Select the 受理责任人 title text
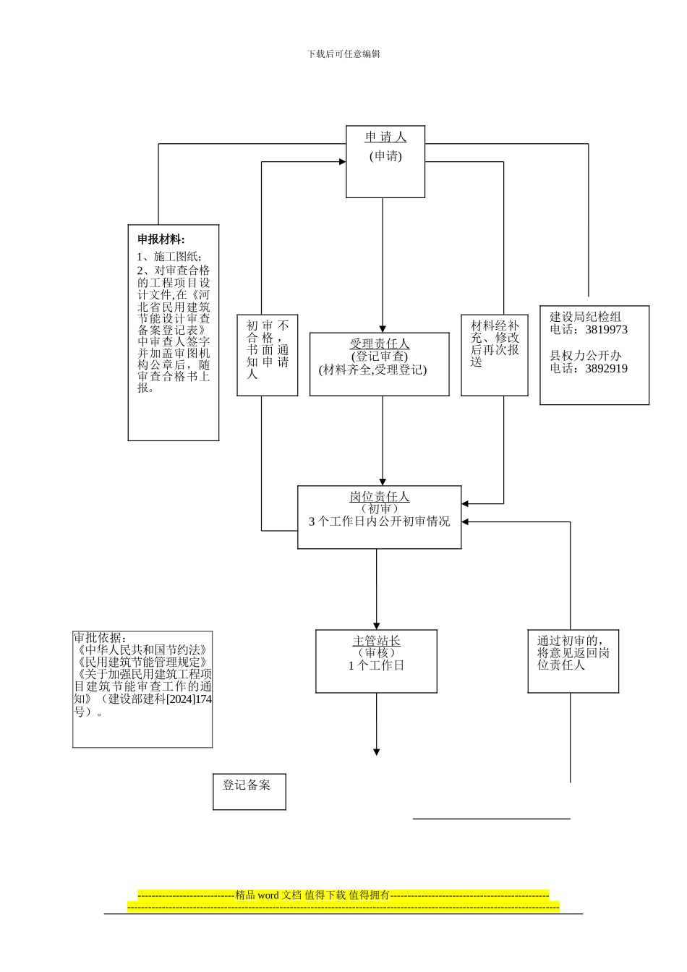tap(380, 344)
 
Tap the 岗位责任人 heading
tap(380, 497)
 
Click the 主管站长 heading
tap(376, 641)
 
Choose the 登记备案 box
tap(249, 790)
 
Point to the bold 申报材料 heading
tap(161, 239)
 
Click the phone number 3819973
tap(606, 330)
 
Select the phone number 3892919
tap(606, 369)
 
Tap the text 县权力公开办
tap(586, 356)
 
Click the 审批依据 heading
tap(101, 638)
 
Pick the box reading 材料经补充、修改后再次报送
tap(495, 354)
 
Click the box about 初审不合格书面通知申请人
tap(268, 354)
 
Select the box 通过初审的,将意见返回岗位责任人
tap(573, 660)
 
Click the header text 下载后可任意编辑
tap(343, 54)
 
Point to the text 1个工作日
tap(376, 665)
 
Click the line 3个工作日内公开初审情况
tap(380, 521)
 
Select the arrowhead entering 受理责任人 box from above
tap(383, 328)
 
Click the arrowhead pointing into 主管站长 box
tap(376, 625)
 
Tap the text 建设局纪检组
tap(586, 317)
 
